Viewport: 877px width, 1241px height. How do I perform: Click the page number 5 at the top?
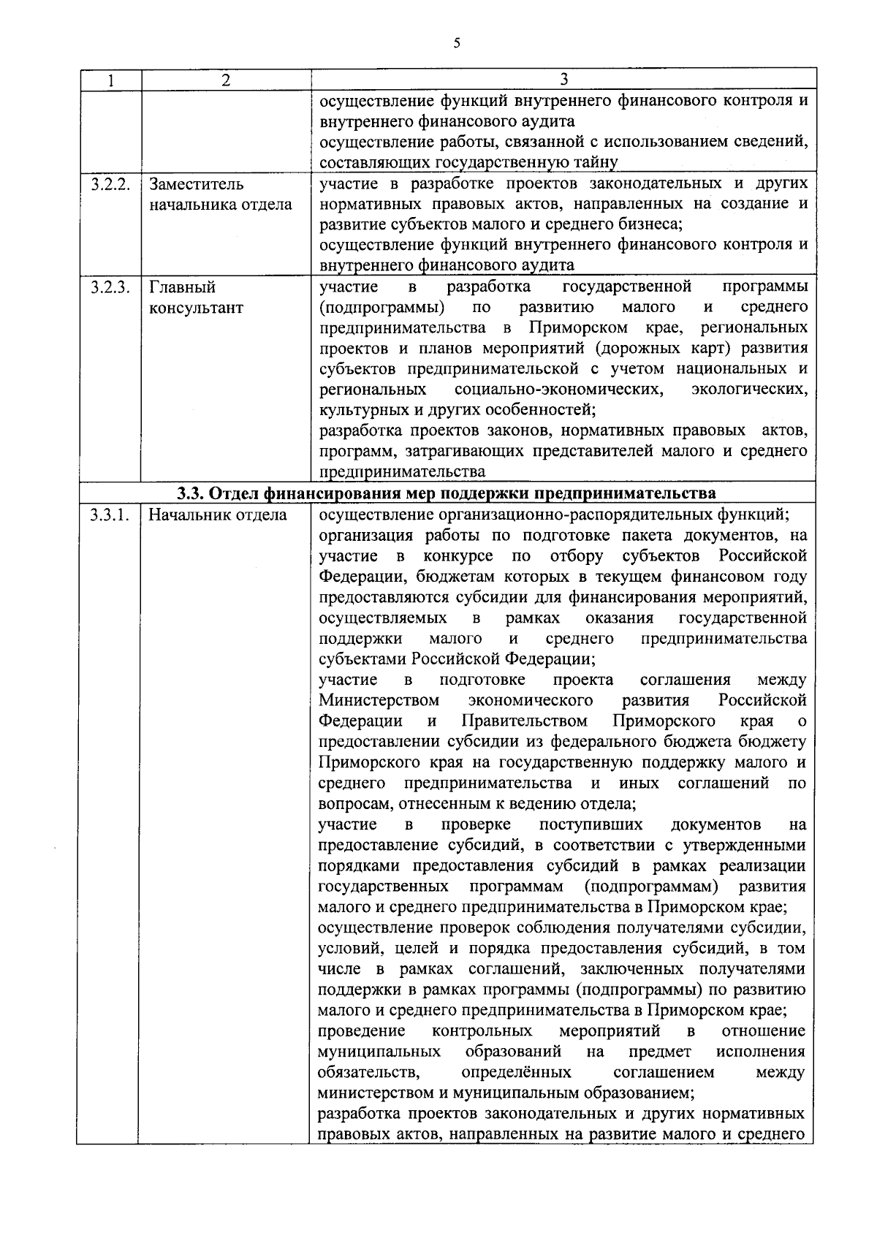click(457, 43)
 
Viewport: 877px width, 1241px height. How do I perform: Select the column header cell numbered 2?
click(226, 80)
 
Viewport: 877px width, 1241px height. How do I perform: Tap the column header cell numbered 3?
click(563, 80)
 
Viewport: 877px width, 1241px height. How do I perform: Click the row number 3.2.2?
click(110, 184)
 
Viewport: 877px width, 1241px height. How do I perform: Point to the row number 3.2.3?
click(110, 287)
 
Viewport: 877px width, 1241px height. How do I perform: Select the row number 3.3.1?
click(110, 515)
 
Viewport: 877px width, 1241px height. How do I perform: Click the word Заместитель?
click(197, 184)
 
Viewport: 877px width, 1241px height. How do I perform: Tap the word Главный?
click(182, 287)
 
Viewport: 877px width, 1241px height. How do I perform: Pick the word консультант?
click(196, 308)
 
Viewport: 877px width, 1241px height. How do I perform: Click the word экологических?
click(749, 389)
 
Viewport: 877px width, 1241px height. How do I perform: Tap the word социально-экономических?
click(558, 389)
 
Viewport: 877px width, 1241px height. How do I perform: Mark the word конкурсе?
click(465, 556)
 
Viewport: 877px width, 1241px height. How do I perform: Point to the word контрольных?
click(482, 1031)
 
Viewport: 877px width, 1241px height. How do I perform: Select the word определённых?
click(516, 1073)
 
